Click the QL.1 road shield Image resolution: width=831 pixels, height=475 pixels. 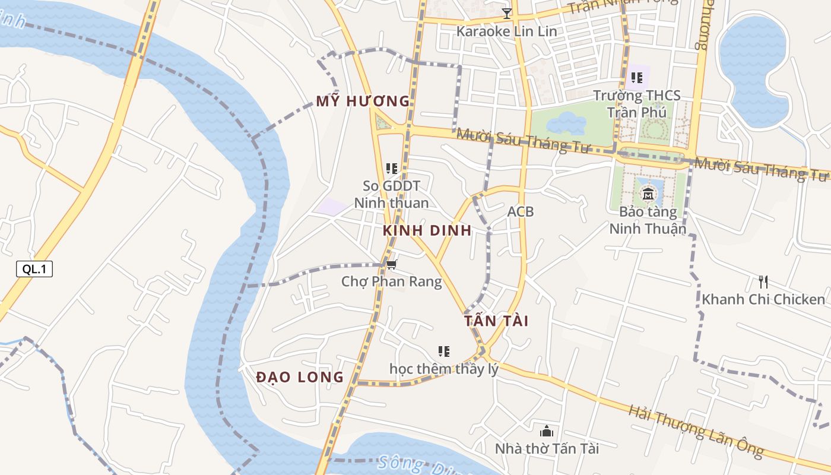(34, 269)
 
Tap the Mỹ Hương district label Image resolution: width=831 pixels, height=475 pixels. (363, 101)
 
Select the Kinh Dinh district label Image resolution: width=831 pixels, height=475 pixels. (427, 230)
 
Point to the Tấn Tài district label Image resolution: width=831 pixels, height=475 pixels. (496, 321)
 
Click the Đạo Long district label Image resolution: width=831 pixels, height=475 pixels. (300, 376)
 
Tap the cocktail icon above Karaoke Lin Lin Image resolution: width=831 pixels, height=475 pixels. (506, 14)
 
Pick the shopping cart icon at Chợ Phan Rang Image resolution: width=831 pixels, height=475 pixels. (392, 264)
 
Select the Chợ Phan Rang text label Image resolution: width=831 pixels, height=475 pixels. (392, 281)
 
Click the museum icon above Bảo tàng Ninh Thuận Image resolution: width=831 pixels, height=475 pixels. (648, 194)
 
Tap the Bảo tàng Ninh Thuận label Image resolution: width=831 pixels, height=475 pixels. (648, 220)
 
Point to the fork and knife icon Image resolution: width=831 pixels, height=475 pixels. (763, 281)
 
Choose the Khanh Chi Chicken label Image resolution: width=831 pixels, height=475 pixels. (763, 299)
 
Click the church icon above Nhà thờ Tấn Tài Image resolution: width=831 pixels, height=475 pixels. (547, 431)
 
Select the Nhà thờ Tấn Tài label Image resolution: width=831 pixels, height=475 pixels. (547, 448)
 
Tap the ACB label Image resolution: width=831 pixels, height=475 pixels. (521, 211)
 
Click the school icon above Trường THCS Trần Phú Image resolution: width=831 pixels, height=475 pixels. (637, 77)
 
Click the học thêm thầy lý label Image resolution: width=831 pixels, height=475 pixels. (443, 368)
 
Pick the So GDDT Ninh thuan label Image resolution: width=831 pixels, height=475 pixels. (391, 194)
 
